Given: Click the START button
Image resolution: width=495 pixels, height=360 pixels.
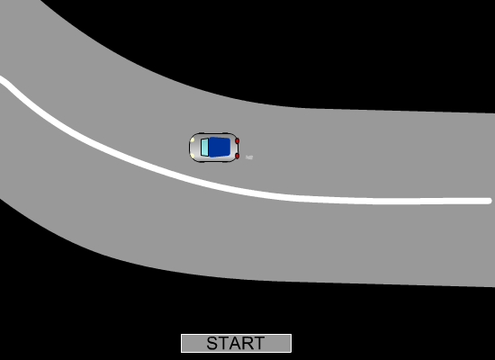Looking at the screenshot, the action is coord(236,343).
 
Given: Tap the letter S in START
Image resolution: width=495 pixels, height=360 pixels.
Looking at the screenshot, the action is coord(212,343).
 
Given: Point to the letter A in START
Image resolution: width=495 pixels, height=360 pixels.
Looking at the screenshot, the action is coord(236,343).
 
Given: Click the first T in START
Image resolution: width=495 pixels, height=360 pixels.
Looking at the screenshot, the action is coord(224,343).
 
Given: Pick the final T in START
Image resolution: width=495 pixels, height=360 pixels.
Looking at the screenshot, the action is coord(258,343).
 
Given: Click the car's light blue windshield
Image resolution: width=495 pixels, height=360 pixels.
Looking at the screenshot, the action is coord(204,148).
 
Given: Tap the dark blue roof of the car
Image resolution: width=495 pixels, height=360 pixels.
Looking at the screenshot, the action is coord(220,147).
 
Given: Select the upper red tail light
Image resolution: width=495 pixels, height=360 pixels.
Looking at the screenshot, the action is coord(237,140).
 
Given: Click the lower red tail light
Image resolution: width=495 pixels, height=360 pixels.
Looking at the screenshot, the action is coord(237,156).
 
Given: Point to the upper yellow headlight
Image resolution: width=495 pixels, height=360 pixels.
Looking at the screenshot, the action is coord(193,139).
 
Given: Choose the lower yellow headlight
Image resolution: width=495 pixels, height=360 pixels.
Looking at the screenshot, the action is coord(193,156).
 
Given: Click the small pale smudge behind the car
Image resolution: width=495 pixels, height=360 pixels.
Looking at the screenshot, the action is coord(249,157).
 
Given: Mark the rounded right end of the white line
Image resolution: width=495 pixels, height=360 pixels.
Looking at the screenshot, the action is coord(489,201).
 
